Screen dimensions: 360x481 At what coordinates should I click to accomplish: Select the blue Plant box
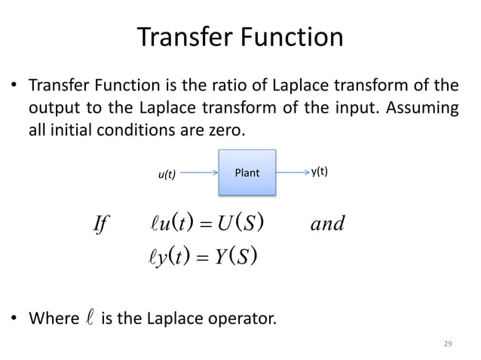[x=247, y=172]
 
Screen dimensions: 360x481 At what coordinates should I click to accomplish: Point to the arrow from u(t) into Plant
[x=201, y=172]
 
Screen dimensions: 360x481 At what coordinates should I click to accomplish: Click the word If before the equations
[x=99, y=224]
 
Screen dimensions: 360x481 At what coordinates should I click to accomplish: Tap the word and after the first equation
[x=327, y=224]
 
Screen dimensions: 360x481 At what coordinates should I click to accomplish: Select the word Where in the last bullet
[x=52, y=320]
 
